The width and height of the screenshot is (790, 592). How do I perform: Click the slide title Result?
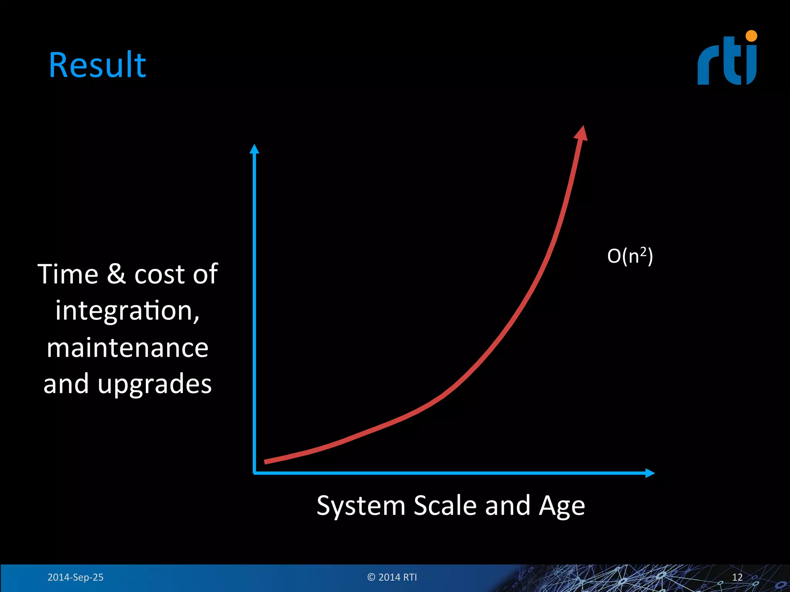[x=97, y=65]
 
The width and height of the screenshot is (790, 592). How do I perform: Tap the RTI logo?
[x=727, y=62]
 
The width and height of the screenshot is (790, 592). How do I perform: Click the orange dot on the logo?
[x=751, y=36]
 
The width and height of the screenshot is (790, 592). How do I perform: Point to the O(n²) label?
[x=630, y=256]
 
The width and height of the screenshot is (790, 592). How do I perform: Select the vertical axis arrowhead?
[x=254, y=149]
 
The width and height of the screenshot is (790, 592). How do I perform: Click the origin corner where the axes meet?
[x=255, y=473]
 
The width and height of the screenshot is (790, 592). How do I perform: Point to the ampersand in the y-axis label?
[x=116, y=274]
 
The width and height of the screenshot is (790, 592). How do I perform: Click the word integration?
[x=127, y=311]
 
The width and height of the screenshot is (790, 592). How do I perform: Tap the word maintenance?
[x=128, y=348]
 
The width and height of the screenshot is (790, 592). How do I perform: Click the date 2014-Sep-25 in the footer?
[x=75, y=577]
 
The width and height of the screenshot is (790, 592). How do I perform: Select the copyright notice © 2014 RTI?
[x=392, y=577]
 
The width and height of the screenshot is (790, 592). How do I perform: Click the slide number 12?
[x=737, y=577]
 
